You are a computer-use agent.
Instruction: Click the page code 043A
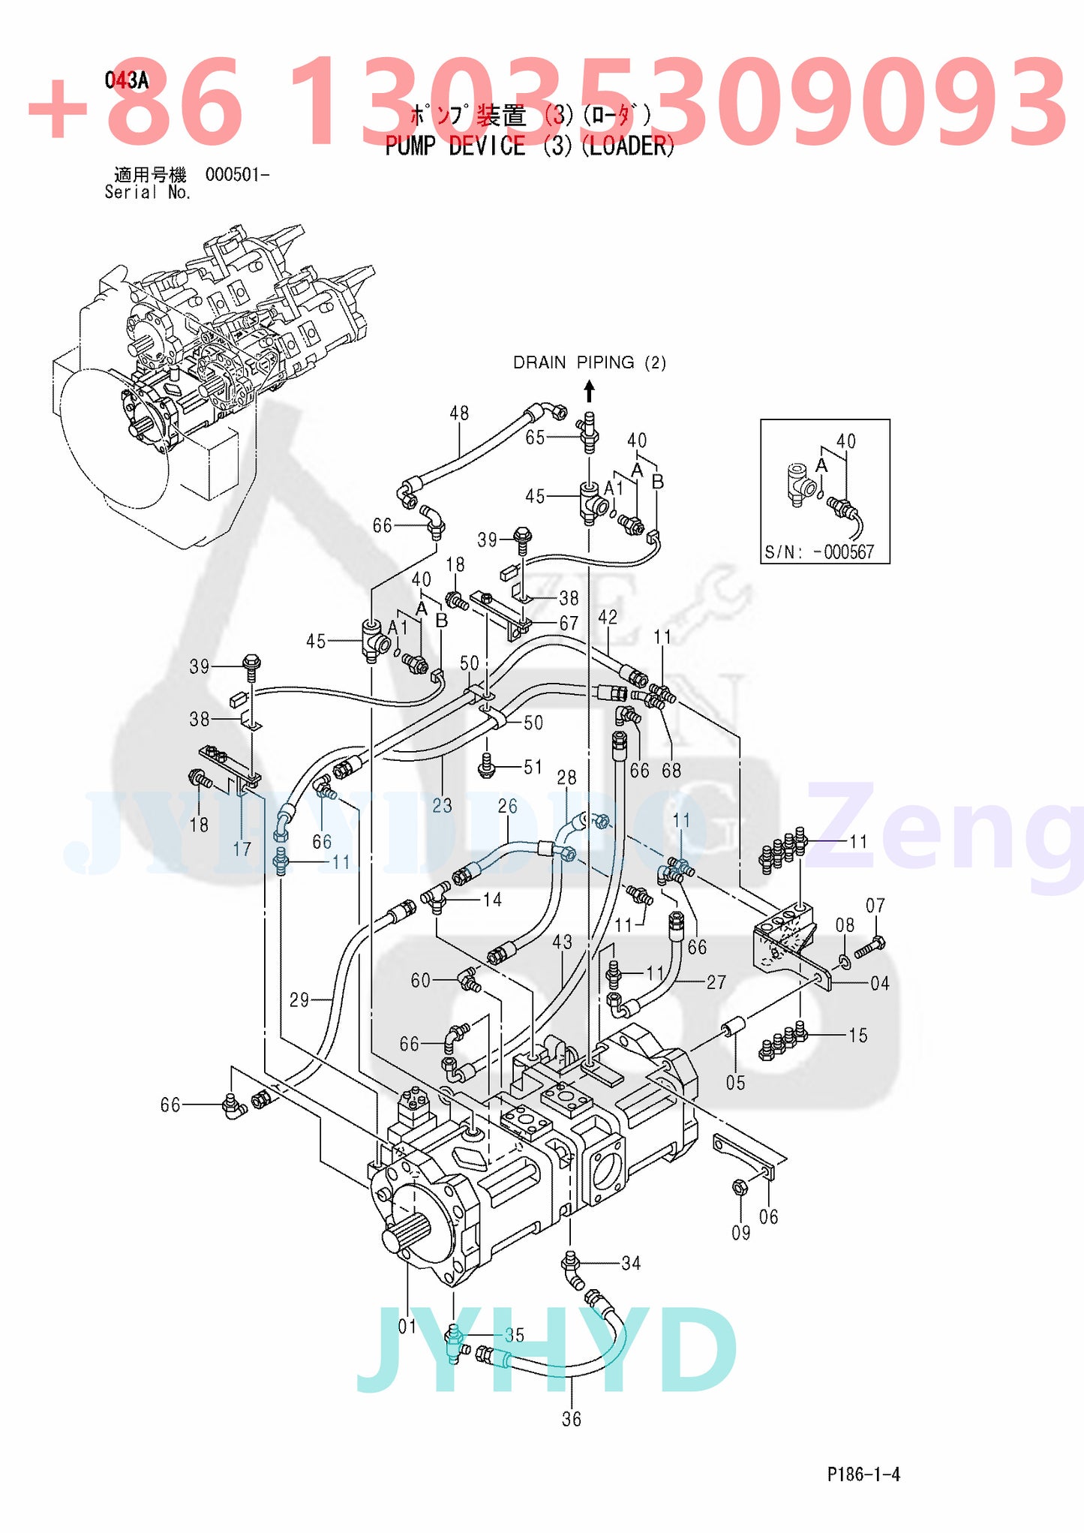coord(126,80)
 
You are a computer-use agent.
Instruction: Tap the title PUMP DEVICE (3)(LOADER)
coord(530,146)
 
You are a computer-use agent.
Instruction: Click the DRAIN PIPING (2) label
coord(589,362)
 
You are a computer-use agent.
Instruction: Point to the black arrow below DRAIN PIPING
coord(590,391)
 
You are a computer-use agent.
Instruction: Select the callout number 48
coord(459,413)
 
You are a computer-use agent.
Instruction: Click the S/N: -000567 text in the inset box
coord(819,552)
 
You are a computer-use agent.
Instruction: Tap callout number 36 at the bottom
coord(572,1419)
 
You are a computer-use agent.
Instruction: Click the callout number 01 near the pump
coord(407,1327)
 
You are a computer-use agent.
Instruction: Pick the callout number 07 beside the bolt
coord(875,906)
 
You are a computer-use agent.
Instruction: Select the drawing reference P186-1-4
coord(863,1474)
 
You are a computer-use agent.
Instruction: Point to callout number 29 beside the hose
coord(299,999)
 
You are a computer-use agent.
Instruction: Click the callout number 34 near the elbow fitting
coord(631,1264)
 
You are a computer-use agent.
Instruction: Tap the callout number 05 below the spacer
coord(735,1083)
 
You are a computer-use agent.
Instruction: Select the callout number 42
coord(608,617)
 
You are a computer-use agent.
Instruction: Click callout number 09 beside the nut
coord(740,1233)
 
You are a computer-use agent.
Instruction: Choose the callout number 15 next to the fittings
coord(857,1036)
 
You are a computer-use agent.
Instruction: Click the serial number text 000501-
coord(237,175)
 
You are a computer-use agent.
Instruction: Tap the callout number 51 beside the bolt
coord(533,767)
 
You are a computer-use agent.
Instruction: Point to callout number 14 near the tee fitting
coord(492,900)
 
